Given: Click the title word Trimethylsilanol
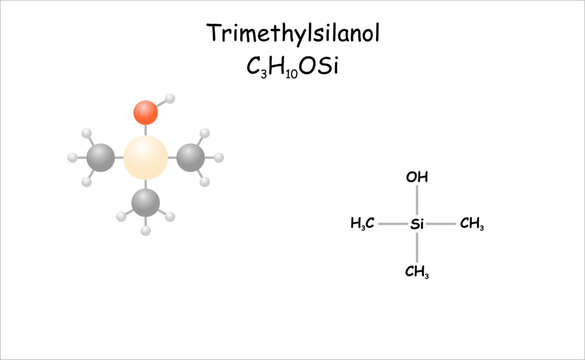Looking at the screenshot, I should (293, 34).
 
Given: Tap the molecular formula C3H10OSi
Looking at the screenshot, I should (293, 67).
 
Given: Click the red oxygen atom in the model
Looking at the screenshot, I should (146, 111).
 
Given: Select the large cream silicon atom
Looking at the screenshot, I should (146, 157).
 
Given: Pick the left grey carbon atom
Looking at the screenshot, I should (100, 157).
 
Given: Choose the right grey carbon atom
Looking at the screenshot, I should (191, 156).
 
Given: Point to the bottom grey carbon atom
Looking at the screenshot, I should (146, 203).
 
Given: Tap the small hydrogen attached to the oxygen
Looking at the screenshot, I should (171, 99).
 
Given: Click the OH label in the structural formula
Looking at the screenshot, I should (417, 178).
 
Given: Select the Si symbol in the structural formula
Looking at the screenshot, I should (417, 224).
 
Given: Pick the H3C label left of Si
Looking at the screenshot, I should (362, 224).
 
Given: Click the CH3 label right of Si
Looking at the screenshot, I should (471, 224).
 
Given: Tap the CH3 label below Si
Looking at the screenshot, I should (417, 271).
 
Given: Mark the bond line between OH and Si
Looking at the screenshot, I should (417, 200).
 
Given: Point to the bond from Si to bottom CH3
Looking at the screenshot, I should (417, 248).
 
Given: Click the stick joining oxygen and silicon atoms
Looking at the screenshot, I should (146, 129).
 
